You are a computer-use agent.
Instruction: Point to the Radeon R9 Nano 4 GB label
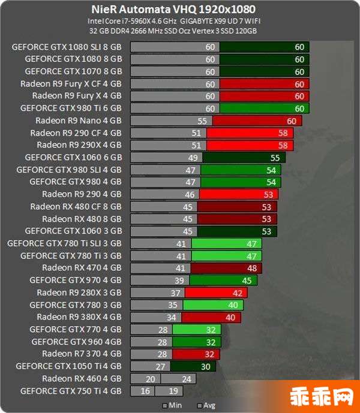79,120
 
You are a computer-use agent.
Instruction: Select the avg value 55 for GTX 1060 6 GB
275,158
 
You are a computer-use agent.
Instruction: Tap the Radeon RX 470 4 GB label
82,268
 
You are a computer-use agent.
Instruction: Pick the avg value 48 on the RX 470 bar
252,268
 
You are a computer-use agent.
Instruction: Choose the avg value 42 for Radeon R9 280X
237,293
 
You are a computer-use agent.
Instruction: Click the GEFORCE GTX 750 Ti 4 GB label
71,391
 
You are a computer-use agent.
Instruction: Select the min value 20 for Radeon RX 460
150,378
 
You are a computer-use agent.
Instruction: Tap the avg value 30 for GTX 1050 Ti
205,366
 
